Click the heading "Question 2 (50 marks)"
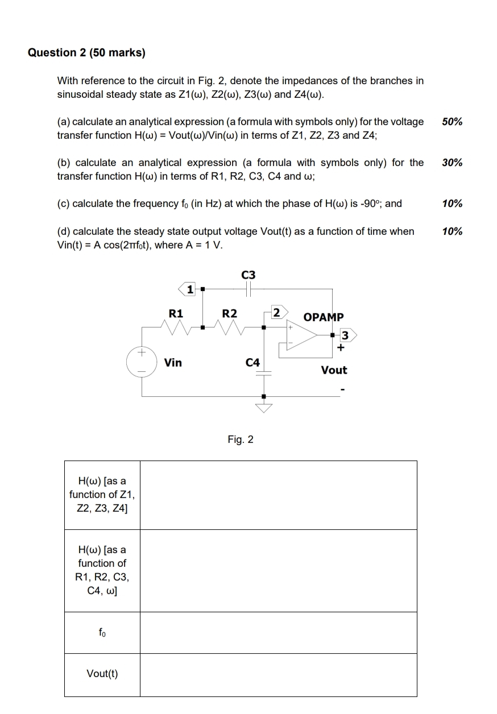pyautogui.click(x=86, y=53)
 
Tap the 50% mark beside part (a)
pyautogui.click(x=452, y=122)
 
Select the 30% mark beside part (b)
pyautogui.click(x=452, y=163)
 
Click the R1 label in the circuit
pyautogui.click(x=176, y=313)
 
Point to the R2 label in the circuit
pyautogui.click(x=230, y=313)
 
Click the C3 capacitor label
pyautogui.click(x=248, y=275)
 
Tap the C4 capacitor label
pyautogui.click(x=252, y=362)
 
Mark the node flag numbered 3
pyautogui.click(x=346, y=335)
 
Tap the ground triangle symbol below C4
pyautogui.click(x=263, y=408)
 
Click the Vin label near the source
pyautogui.click(x=173, y=362)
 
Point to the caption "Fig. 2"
pyautogui.click(x=241, y=439)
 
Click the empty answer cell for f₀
pyautogui.click(x=278, y=633)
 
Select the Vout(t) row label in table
pyautogui.click(x=102, y=674)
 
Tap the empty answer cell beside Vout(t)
pyautogui.click(x=278, y=675)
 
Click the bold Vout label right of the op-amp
pyautogui.click(x=334, y=370)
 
